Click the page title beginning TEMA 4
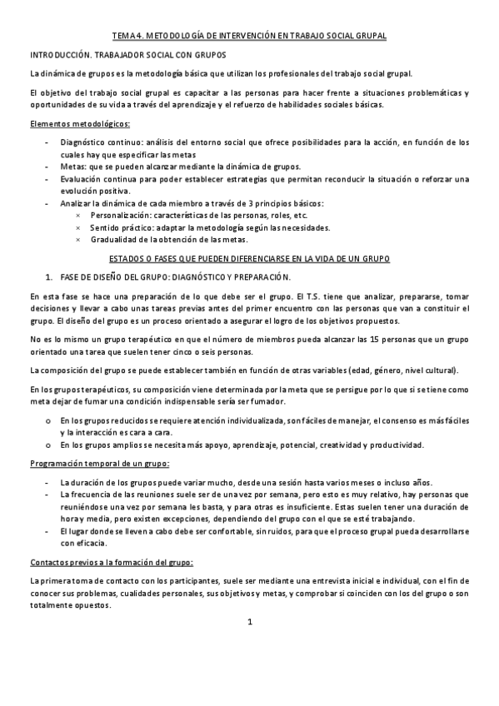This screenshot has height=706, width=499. (249, 36)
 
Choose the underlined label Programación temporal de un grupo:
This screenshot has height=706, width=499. (88, 463)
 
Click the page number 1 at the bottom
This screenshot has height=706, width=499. (249, 645)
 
